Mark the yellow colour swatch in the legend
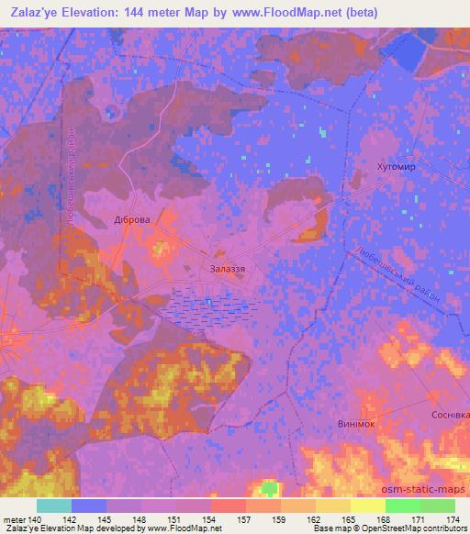pos(332,505)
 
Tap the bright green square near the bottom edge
pos(269,487)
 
